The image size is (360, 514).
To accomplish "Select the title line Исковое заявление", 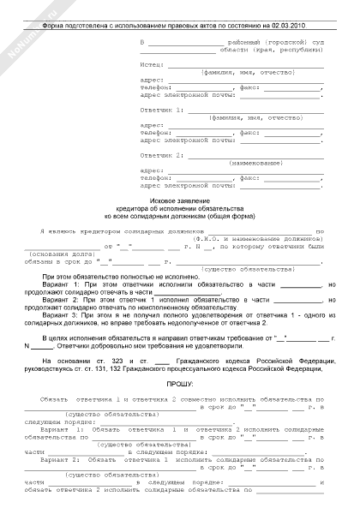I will coord(180,200).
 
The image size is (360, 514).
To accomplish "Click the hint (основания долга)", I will coord(56,254).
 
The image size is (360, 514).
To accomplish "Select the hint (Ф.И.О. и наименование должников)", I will coord(273,239).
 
